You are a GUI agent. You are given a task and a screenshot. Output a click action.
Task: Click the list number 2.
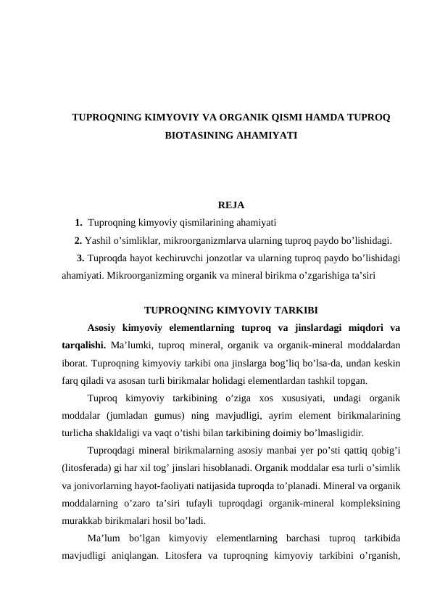click(78, 240)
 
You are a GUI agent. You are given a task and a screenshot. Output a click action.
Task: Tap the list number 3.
click(80, 258)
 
